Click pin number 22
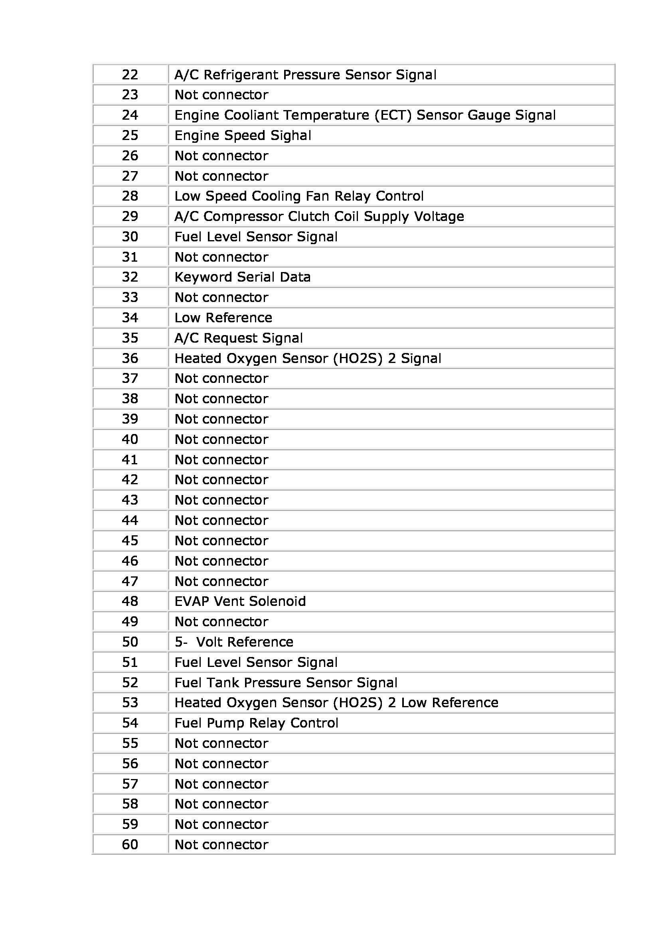(130, 75)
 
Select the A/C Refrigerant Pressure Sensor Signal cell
(305, 75)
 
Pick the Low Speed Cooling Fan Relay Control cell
(299, 196)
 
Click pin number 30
(130, 237)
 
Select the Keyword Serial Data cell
(243, 277)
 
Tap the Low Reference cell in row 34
(223, 318)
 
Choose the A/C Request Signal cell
(239, 338)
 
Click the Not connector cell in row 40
(221, 439)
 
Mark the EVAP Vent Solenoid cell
(240, 602)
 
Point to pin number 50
(130, 642)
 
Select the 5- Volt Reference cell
(234, 642)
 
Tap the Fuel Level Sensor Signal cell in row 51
(256, 663)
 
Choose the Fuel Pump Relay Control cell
(256, 723)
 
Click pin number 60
(130, 845)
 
